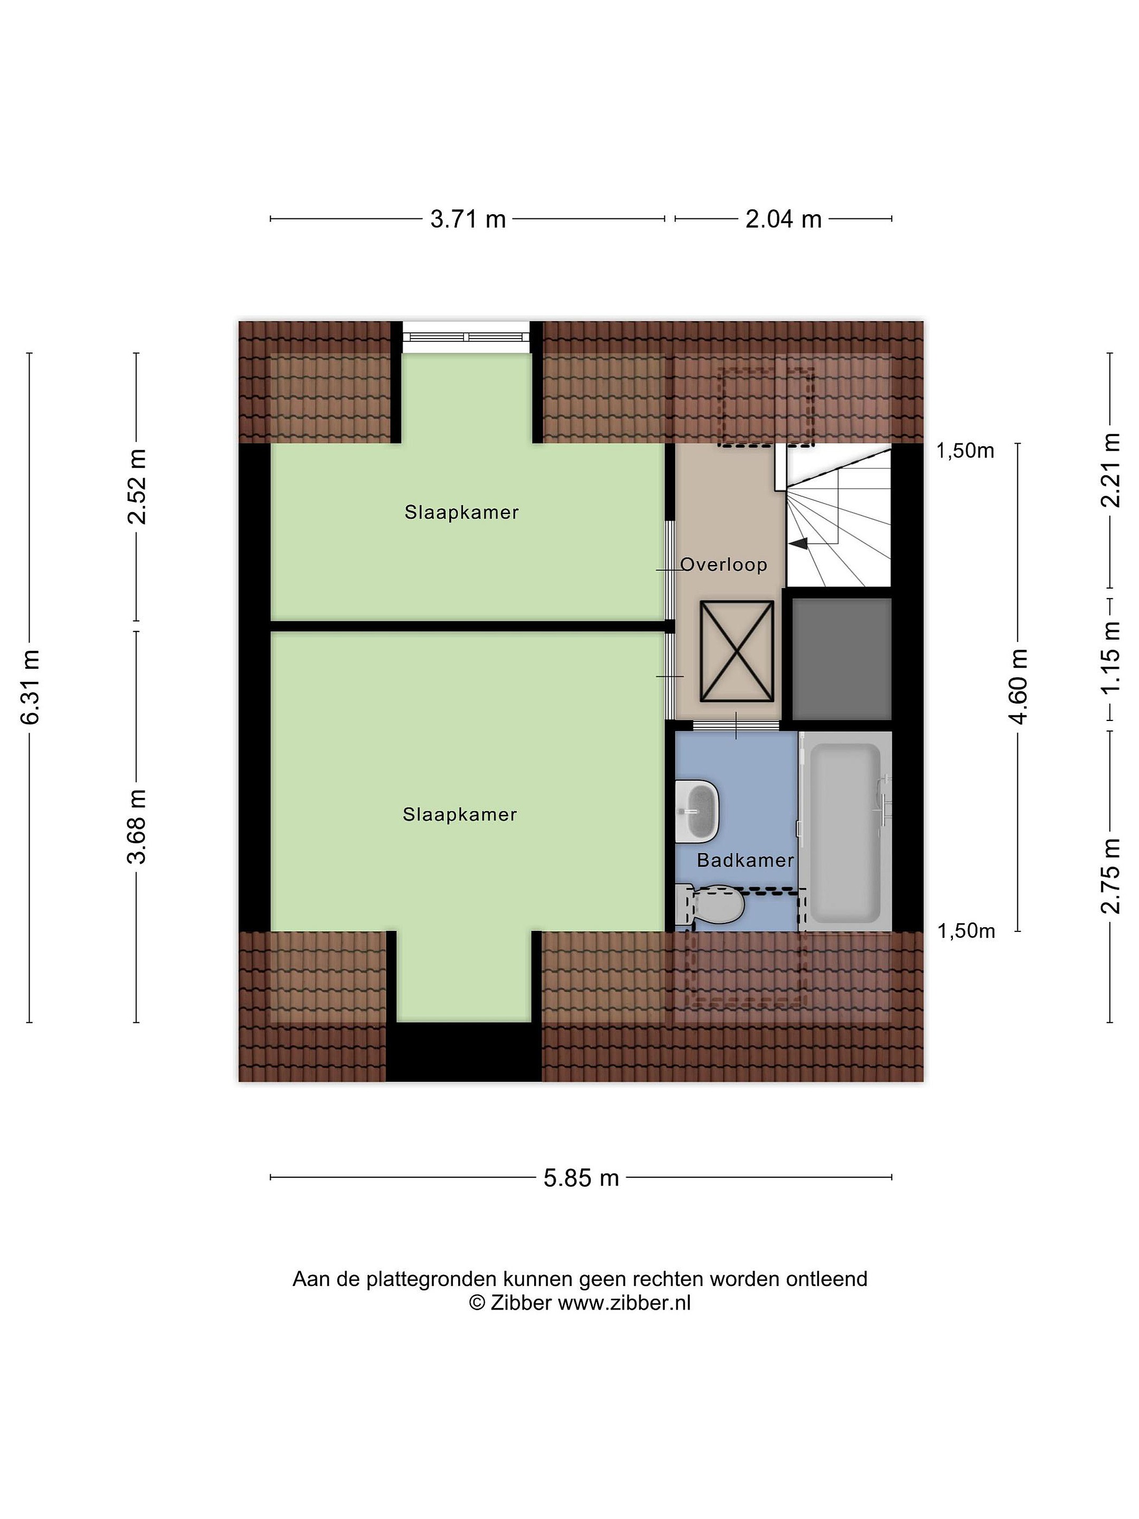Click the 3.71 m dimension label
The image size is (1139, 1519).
pos(468,219)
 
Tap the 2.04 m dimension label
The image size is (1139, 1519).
pos(784,219)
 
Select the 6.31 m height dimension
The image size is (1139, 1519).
pos(30,686)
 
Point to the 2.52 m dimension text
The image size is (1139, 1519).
pos(137,487)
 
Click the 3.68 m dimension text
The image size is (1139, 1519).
pos(137,826)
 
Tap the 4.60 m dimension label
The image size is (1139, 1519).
pos(1019,686)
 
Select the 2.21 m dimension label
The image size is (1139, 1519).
pos(1110,470)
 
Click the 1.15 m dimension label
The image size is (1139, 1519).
pos(1110,658)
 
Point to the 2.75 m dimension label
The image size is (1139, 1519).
pos(1110,876)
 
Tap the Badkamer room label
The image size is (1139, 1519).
pos(745,860)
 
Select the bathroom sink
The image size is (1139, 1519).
pos(697,811)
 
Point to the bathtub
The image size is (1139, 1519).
pos(846,832)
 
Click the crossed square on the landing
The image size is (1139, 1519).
pos(737,651)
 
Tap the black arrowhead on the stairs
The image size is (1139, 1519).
pos(798,544)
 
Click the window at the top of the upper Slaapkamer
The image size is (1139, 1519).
pos(467,337)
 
